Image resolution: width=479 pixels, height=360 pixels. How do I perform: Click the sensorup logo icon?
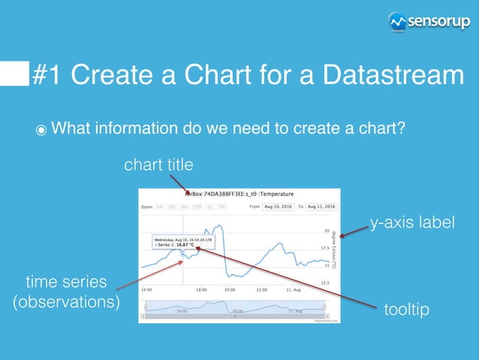(398, 23)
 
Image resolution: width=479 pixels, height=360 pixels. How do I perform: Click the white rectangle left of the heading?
(14, 75)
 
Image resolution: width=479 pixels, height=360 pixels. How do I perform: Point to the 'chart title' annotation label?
(158, 164)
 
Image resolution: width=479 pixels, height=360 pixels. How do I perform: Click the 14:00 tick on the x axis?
(146, 289)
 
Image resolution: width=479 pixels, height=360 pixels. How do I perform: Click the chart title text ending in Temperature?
(239, 193)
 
